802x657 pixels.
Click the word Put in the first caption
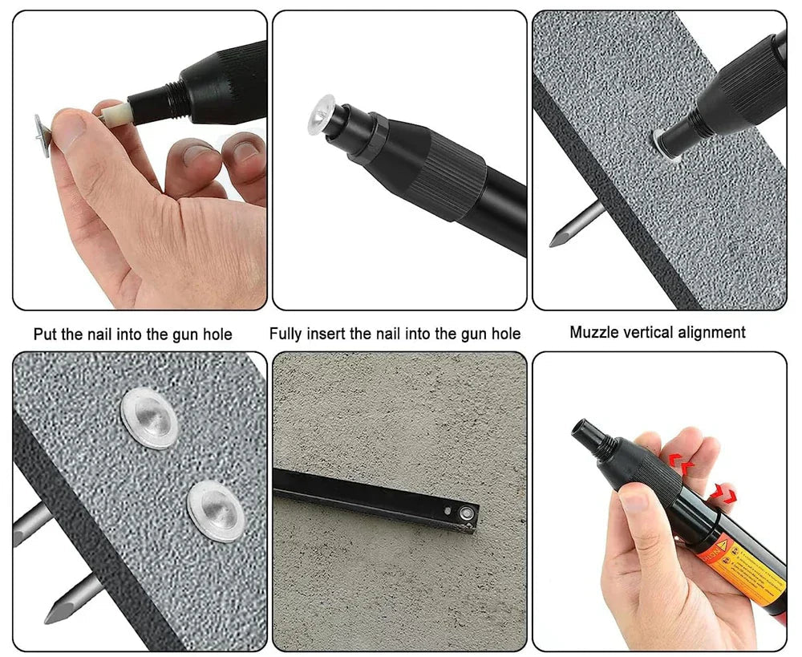tap(46, 334)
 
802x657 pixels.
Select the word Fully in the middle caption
tap(287, 334)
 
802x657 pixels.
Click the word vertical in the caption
tap(648, 332)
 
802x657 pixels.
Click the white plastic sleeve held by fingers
tap(113, 113)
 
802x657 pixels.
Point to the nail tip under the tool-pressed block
tap(561, 236)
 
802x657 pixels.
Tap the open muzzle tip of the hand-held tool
tap(581, 428)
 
